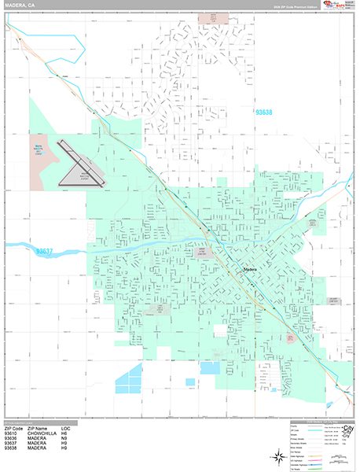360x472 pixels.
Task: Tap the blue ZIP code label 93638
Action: (264, 113)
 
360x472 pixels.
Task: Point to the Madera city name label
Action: (251, 270)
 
